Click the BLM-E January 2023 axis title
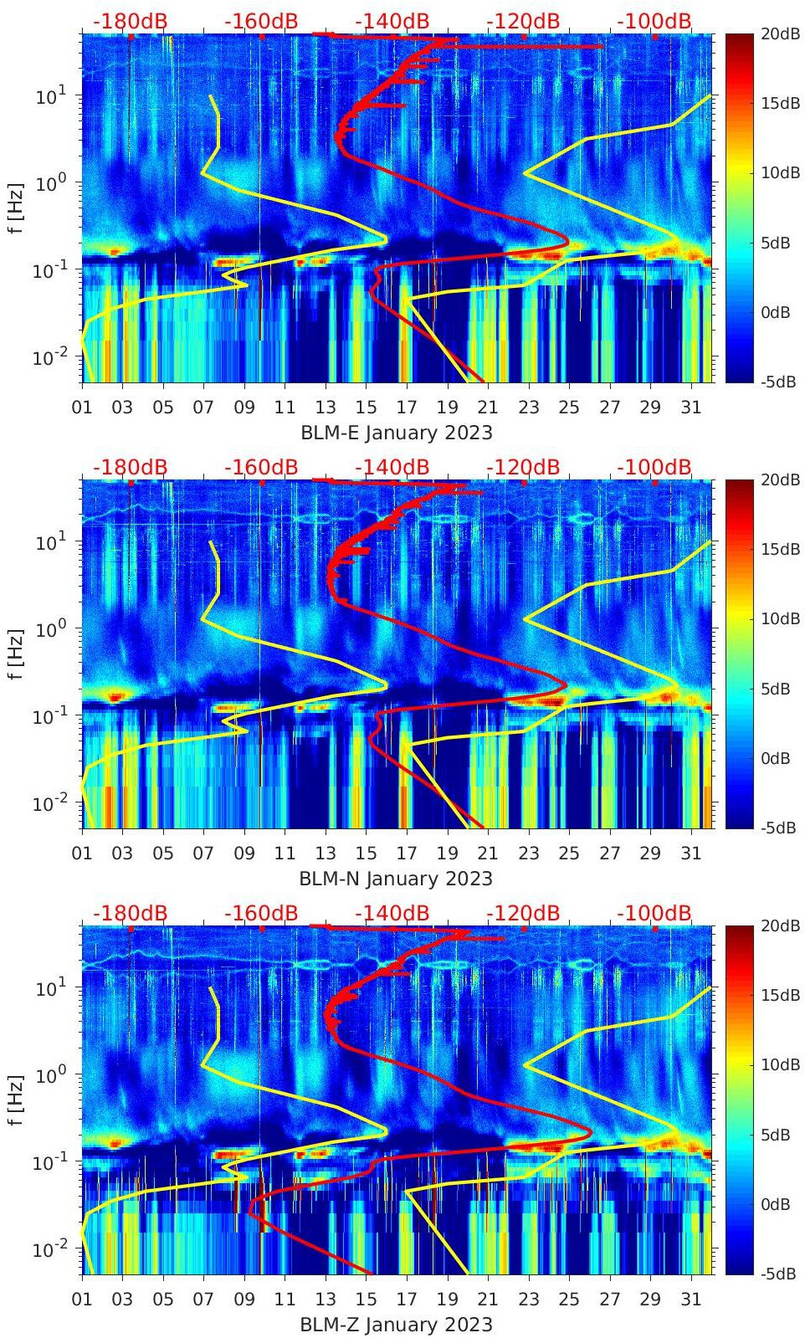(396, 433)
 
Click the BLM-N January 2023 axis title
(396, 879)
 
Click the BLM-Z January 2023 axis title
(396, 1325)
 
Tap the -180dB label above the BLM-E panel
(130, 21)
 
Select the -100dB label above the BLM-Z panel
(654, 913)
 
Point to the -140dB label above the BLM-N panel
(392, 467)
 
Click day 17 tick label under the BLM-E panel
(407, 408)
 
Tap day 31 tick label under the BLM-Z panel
(690, 1300)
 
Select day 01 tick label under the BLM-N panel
(82, 854)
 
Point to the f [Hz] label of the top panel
(15, 208)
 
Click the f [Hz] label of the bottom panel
(15, 1100)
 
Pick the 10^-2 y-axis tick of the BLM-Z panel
(49, 1249)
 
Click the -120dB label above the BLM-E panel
(523, 21)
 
